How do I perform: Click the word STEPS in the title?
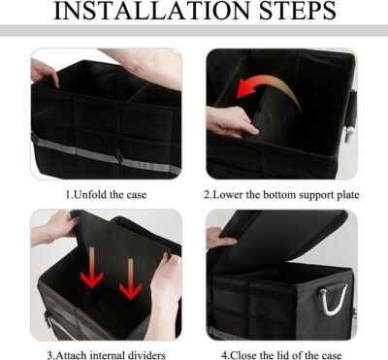(289, 13)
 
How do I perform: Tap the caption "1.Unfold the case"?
(107, 194)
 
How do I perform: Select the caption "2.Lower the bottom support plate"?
(282, 194)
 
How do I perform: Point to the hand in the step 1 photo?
(45, 71)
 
